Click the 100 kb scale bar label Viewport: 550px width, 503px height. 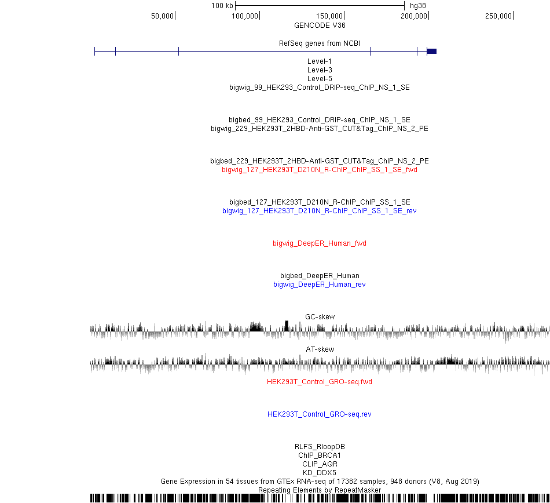point(222,6)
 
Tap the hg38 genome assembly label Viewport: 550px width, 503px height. point(418,6)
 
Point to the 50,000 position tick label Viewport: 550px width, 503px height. point(163,16)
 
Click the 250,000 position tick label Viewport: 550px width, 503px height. point(498,16)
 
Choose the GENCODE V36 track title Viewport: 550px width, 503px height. point(320,25)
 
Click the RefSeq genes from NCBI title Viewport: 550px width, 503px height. point(320,43)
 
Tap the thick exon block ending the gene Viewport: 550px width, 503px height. point(432,51)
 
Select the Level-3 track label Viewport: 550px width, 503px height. point(320,70)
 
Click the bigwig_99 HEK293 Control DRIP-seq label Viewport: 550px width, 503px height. point(320,88)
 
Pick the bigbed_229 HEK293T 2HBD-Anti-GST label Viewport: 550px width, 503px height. point(320,161)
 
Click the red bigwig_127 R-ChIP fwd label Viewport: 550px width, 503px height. point(320,170)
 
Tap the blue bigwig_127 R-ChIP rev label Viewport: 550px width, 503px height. point(320,210)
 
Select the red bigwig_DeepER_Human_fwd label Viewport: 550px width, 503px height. point(320,243)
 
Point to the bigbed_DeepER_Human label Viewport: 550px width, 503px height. point(320,275)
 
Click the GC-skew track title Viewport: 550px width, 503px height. point(320,316)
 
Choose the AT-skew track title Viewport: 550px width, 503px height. point(320,349)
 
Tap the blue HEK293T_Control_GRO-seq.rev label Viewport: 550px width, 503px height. point(320,414)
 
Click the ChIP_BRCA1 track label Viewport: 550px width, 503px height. point(320,455)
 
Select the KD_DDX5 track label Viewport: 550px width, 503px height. point(320,473)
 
